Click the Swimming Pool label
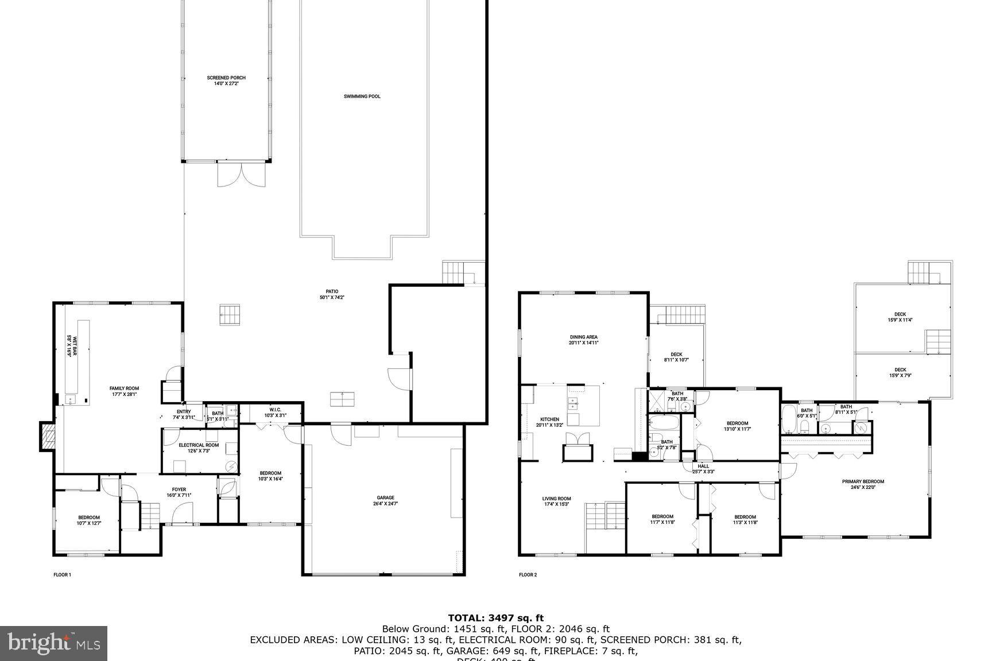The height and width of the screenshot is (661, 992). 362,96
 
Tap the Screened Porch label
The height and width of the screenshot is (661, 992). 226,80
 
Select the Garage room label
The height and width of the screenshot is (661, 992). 385,500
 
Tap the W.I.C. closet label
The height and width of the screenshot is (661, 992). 275,413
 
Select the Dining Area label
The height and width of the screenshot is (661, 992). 583,340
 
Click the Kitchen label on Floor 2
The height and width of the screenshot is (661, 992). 549,422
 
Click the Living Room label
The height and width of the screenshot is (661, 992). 556,501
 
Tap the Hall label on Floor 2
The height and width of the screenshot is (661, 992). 703,469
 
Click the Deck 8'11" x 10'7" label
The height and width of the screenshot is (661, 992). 676,357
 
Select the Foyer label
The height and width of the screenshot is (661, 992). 179,492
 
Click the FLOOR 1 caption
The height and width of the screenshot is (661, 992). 62,574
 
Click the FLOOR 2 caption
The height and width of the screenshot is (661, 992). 528,574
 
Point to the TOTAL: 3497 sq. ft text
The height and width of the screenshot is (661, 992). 495,618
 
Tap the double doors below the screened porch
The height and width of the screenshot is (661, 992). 242,174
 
